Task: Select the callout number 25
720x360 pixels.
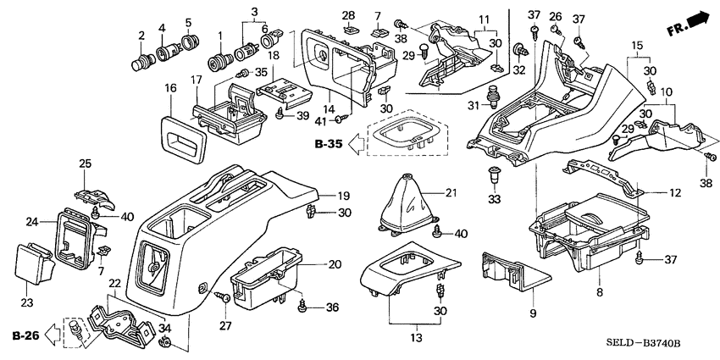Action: [85, 163]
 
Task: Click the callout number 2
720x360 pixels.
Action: [141, 35]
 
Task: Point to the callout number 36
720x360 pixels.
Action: [331, 307]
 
